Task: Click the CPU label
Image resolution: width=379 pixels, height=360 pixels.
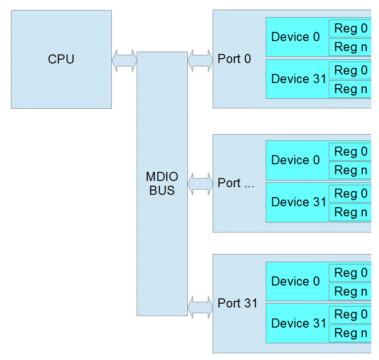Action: (x=61, y=60)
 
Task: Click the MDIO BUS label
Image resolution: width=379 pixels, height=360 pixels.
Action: (x=162, y=184)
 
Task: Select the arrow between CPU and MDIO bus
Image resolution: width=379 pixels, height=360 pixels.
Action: (x=124, y=60)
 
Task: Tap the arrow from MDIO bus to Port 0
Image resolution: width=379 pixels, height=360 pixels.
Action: (x=200, y=60)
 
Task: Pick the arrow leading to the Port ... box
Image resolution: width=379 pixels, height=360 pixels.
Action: (x=200, y=183)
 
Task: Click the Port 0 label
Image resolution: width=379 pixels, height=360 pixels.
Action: (x=234, y=59)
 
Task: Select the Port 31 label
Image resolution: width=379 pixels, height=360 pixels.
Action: (x=238, y=303)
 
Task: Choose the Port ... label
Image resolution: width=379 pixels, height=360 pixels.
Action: (x=236, y=183)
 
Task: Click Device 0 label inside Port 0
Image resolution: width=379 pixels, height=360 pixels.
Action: (x=295, y=37)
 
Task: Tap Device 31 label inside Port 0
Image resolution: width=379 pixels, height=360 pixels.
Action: (x=298, y=79)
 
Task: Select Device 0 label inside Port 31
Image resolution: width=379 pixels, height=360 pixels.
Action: (x=295, y=282)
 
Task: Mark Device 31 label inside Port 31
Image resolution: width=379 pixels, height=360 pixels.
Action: (x=298, y=324)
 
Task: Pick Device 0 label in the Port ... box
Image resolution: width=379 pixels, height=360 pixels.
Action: (x=295, y=160)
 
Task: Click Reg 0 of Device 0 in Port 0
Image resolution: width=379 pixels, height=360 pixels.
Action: (x=351, y=29)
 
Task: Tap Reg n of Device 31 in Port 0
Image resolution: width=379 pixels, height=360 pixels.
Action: (x=351, y=89)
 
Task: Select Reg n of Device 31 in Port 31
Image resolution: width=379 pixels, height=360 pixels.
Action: (x=351, y=333)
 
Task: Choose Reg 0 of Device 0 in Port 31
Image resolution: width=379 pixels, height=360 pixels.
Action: (x=351, y=273)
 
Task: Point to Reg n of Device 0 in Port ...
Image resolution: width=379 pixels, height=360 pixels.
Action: (x=351, y=170)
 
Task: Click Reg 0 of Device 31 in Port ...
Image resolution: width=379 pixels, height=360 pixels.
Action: (x=351, y=193)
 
